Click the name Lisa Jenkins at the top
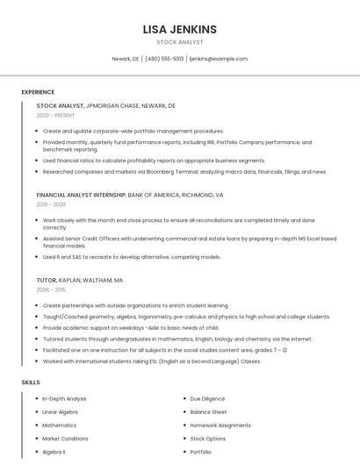[x=179, y=29]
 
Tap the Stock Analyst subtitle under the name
[x=179, y=42]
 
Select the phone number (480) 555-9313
[x=164, y=59]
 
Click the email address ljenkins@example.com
[x=219, y=59]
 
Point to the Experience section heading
[x=38, y=92]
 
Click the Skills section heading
[x=31, y=383]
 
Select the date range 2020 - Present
[x=55, y=115]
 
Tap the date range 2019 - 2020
[x=51, y=204]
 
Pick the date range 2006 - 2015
[x=51, y=290]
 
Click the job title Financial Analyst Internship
[x=81, y=195]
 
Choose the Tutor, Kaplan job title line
[x=79, y=280]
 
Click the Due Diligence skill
[x=207, y=398]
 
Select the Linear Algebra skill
[x=60, y=411]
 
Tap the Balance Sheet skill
[x=208, y=411]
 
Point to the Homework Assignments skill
[x=220, y=426]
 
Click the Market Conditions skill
[x=65, y=439]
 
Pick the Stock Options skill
[x=207, y=439]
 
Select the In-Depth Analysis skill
[x=64, y=398]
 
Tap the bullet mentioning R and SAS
[x=131, y=257]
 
